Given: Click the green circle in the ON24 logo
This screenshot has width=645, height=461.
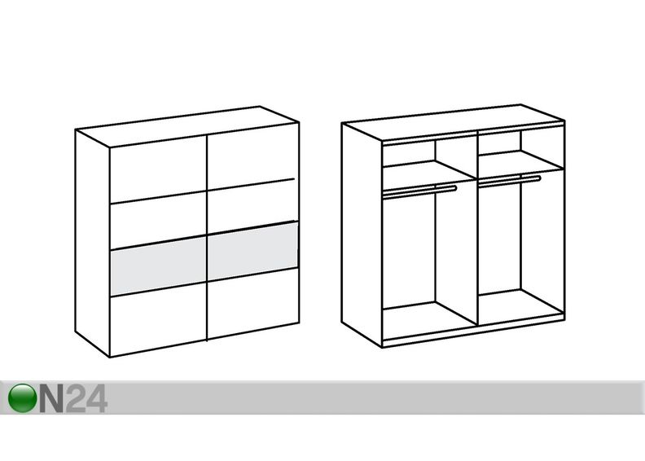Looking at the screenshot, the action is (x=22, y=397).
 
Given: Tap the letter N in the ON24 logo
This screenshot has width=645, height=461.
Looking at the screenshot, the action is (x=52, y=398).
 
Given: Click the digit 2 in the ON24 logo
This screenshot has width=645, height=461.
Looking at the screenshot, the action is (x=76, y=398).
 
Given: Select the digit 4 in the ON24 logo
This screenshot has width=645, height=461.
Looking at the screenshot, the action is (x=97, y=398).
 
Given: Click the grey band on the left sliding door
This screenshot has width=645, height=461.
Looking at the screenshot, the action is (x=158, y=266).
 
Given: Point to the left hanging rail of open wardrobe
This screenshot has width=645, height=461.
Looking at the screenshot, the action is (x=419, y=191).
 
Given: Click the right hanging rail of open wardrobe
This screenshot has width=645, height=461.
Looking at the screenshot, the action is (x=510, y=181).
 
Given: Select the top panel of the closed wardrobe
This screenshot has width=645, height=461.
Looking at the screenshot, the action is (x=187, y=127).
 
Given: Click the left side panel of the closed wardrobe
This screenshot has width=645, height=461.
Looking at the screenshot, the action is (x=93, y=243).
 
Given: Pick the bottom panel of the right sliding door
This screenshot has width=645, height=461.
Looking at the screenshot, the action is (x=253, y=304).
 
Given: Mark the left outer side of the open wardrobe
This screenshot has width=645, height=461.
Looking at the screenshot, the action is (x=362, y=235).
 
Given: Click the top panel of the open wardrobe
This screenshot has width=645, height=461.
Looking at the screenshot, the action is (x=453, y=122).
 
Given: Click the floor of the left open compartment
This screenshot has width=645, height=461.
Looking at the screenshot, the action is (x=429, y=317).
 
